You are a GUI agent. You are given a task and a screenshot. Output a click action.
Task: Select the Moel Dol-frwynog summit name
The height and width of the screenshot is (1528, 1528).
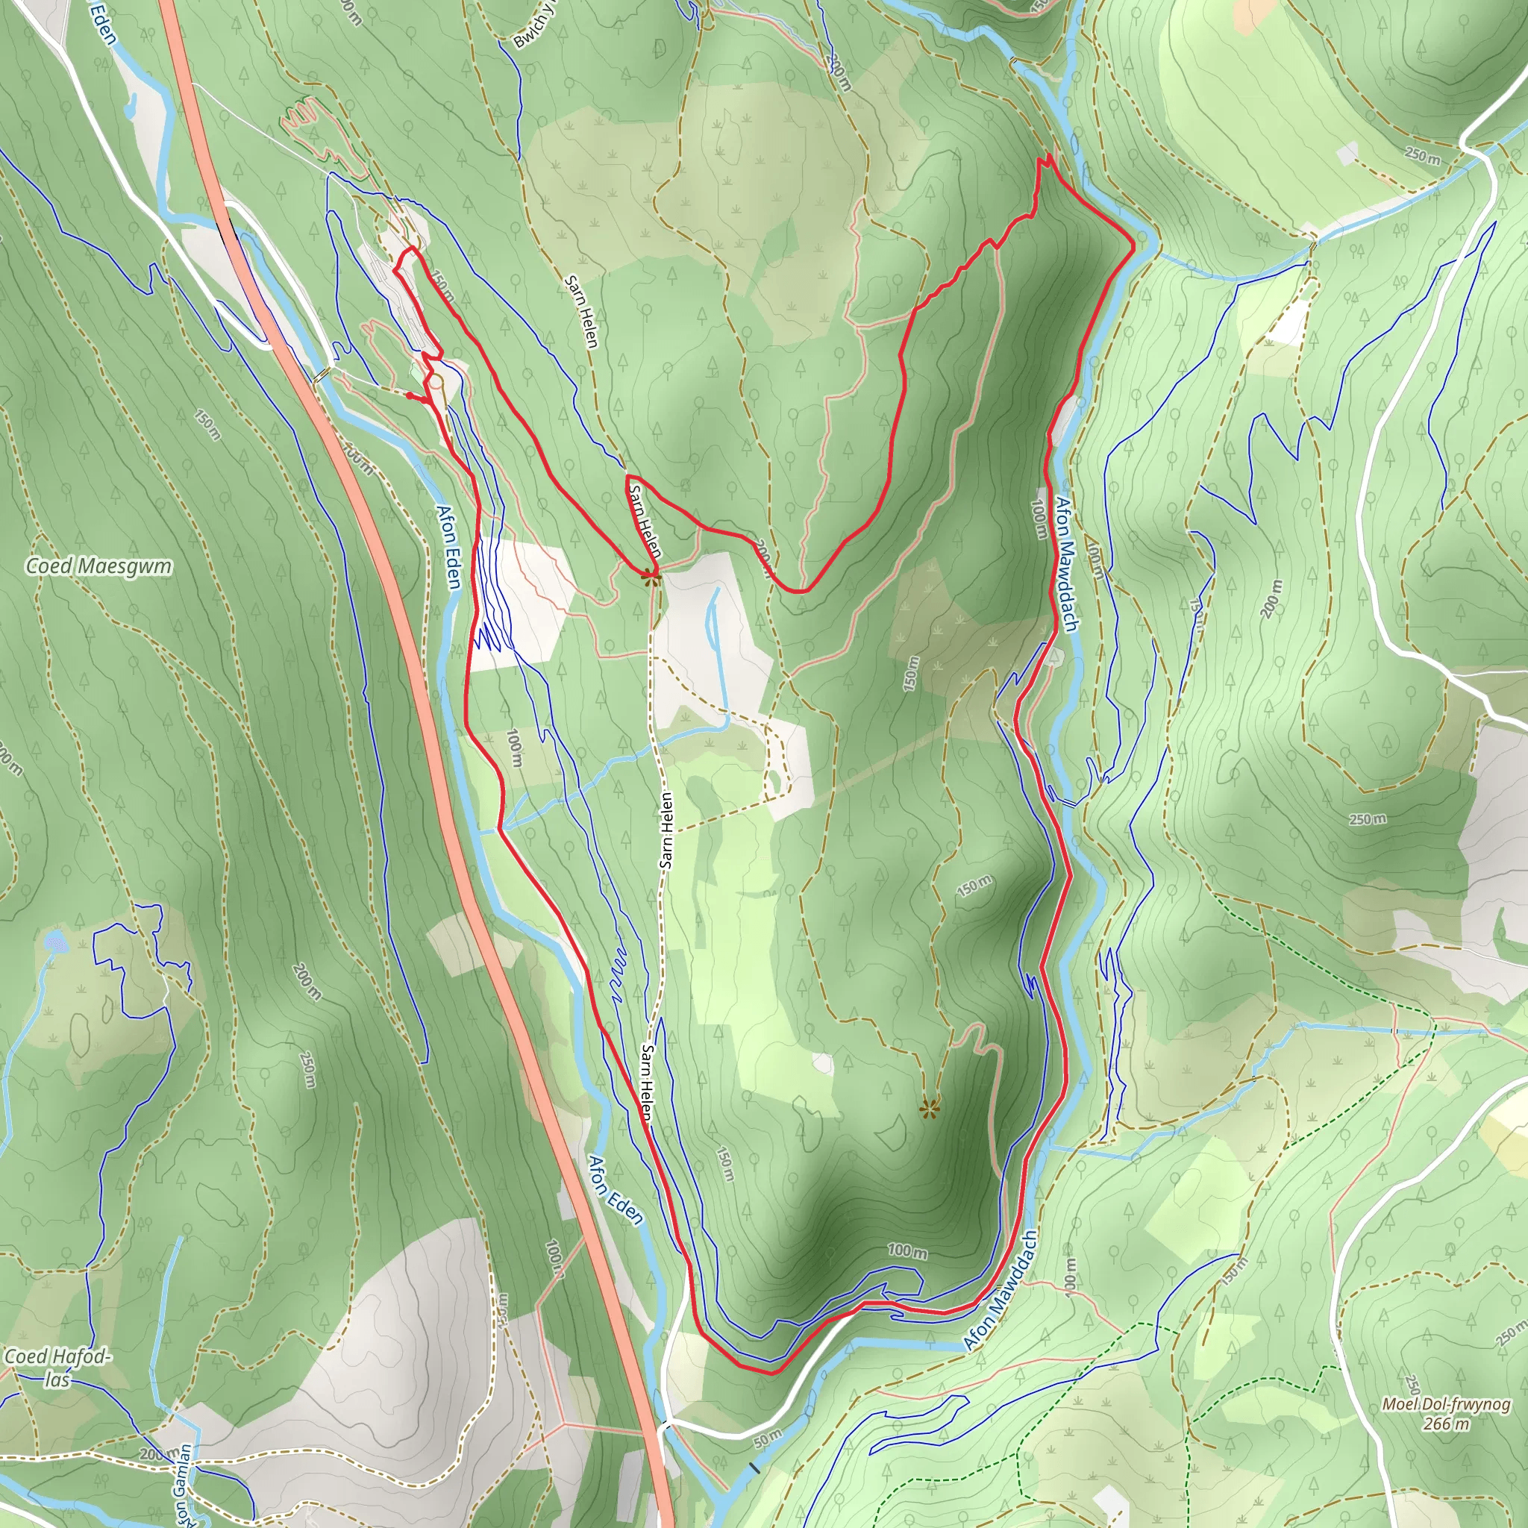click(1446, 1405)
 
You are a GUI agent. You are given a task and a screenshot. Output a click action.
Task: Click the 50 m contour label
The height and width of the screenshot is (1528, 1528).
click(767, 1438)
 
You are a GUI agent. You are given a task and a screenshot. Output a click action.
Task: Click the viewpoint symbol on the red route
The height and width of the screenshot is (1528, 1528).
click(650, 577)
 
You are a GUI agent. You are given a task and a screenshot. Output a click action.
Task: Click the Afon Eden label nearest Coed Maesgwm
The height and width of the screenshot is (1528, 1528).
click(448, 548)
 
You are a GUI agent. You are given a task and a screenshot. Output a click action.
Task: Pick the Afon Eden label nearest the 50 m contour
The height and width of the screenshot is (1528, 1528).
click(616, 1190)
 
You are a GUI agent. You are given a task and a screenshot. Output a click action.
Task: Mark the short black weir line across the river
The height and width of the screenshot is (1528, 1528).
click(754, 1468)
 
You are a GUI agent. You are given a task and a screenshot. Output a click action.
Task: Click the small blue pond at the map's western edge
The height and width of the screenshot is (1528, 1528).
click(54, 941)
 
